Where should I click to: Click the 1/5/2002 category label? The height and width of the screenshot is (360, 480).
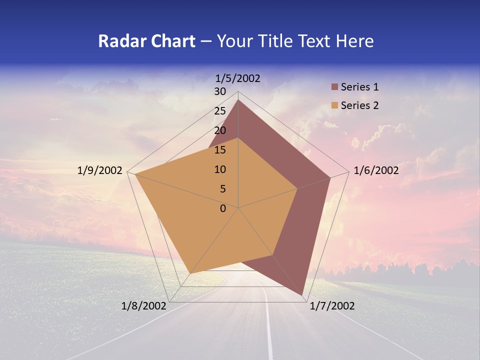pyautogui.click(x=238, y=78)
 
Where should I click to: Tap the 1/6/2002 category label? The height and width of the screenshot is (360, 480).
pyautogui.click(x=376, y=170)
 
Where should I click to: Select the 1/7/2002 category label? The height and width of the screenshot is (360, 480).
pyautogui.click(x=332, y=306)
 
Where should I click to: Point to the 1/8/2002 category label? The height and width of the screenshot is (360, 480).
pyautogui.click(x=144, y=306)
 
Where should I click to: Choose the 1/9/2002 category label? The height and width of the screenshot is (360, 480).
pyautogui.click(x=100, y=170)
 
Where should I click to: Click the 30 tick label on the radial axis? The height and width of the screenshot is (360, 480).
pyautogui.click(x=220, y=91)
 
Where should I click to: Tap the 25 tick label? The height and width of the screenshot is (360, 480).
pyautogui.click(x=220, y=111)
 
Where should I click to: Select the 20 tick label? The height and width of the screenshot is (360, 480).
pyautogui.click(x=220, y=130)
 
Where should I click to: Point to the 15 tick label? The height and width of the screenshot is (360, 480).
pyautogui.click(x=220, y=150)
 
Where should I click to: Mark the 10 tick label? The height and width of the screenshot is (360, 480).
pyautogui.click(x=220, y=169)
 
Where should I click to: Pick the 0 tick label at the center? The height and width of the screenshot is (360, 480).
pyautogui.click(x=223, y=208)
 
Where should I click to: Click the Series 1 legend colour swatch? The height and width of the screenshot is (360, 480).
pyautogui.click(x=334, y=87)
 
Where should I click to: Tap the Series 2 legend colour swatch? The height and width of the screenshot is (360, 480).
pyautogui.click(x=334, y=105)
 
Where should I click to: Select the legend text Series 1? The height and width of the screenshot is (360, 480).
pyautogui.click(x=359, y=87)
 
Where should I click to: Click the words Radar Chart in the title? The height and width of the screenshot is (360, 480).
pyautogui.click(x=146, y=41)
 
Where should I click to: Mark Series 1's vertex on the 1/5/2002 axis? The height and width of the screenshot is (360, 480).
pyautogui.click(x=238, y=99)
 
